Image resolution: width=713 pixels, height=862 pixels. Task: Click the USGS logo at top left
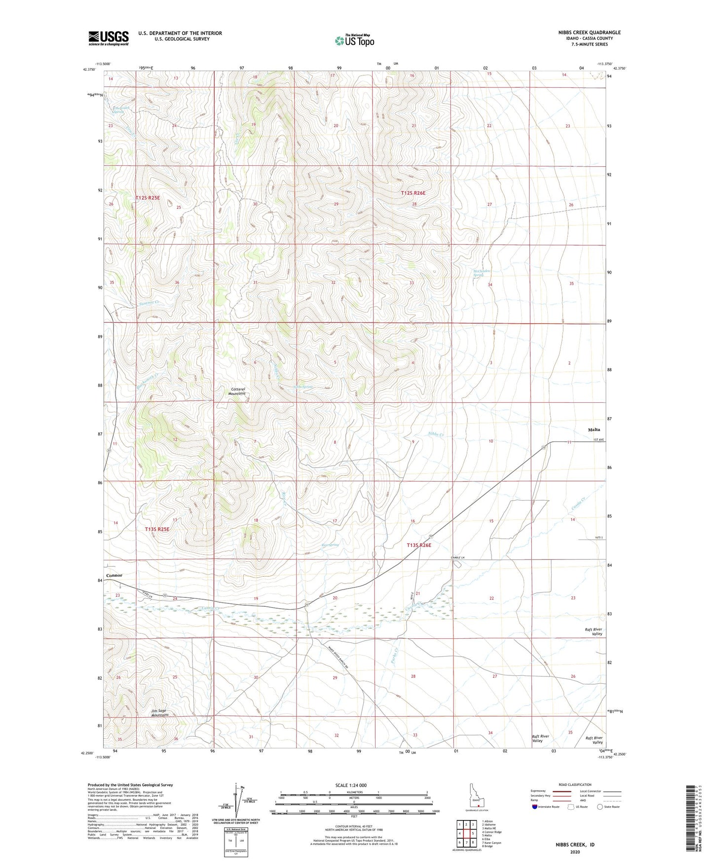click(109, 38)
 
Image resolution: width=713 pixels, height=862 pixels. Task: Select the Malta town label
click(594, 430)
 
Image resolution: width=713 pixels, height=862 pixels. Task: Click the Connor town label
click(114, 575)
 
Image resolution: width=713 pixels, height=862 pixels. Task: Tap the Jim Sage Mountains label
click(160, 713)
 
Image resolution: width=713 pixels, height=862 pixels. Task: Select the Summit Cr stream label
click(149, 302)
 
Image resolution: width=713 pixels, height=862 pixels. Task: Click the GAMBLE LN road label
click(458, 557)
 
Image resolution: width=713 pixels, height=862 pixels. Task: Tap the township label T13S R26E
click(419, 545)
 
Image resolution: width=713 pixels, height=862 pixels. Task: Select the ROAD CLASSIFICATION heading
click(575, 784)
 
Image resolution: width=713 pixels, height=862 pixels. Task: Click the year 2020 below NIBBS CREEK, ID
click(575, 852)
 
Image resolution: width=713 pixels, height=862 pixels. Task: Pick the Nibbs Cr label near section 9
click(436, 434)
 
